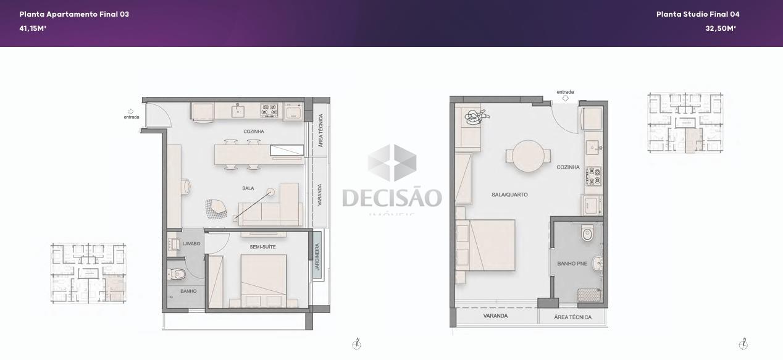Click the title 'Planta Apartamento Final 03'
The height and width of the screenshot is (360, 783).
(74, 14)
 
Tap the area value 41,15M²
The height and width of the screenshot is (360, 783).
(33, 28)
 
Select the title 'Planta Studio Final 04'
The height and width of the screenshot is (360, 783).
(698, 14)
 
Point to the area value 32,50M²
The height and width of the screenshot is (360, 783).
(721, 28)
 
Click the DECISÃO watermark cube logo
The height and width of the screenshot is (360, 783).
(392, 163)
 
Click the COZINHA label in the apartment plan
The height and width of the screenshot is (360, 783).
(254, 132)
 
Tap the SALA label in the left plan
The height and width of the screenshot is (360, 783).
(248, 188)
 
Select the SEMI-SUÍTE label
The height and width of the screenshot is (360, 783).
(263, 247)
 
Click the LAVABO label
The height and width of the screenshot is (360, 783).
(191, 244)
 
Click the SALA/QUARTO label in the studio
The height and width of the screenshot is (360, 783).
(509, 195)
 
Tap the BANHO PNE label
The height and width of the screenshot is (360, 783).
(572, 264)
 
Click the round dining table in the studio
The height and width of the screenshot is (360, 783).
(529, 156)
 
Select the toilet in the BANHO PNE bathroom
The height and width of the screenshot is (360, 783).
(587, 234)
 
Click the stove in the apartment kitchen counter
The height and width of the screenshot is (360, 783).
(270, 111)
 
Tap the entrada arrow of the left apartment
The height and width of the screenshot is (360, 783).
(130, 111)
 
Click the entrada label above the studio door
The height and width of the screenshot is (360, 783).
(565, 92)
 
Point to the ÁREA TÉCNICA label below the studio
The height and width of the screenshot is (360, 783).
(572, 317)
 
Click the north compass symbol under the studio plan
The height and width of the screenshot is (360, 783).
(743, 344)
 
